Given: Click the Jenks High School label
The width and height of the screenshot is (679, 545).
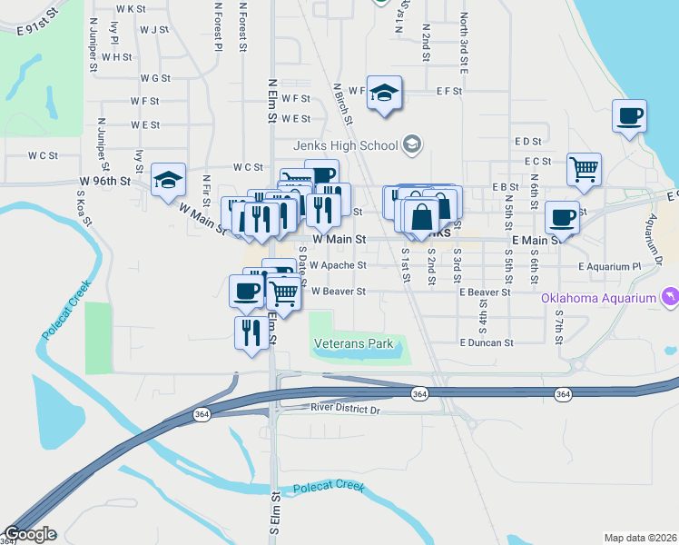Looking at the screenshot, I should point(345,145).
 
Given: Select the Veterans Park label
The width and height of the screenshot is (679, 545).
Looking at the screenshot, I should point(353,344).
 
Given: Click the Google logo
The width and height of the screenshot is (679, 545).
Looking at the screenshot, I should point(29,534).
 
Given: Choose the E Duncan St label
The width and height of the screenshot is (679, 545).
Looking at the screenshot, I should point(487,343).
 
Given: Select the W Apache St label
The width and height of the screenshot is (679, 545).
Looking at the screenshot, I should point(337,266).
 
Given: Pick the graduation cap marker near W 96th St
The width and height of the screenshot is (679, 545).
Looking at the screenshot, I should point(169,179).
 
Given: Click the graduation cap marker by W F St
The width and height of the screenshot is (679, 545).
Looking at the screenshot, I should point(385,92).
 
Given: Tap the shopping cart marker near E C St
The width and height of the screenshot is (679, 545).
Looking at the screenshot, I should point(584,169).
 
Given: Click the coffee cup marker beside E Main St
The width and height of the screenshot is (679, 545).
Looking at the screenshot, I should point(562,218).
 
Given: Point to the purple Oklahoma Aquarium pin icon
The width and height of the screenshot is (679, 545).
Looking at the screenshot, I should point(670,297).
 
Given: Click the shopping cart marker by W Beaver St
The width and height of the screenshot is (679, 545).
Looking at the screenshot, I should point(284,293).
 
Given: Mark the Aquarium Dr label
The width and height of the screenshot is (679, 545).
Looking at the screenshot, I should point(653,234).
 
